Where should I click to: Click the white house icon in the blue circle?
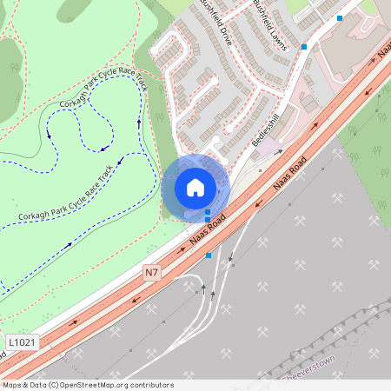[x=195, y=187]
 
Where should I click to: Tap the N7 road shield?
[x=152, y=272]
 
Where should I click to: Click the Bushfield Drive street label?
[x=215, y=23]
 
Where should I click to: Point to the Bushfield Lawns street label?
[x=270, y=25]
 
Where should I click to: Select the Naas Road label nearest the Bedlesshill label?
[x=290, y=179]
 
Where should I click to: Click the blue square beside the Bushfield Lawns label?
[x=304, y=47]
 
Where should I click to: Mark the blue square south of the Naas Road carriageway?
[x=209, y=255]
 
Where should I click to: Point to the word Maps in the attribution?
[x=13, y=384]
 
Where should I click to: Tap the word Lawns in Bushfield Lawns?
[x=278, y=37]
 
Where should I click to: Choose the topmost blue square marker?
[x=340, y=17]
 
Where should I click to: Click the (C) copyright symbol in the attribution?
[x=54, y=384]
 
